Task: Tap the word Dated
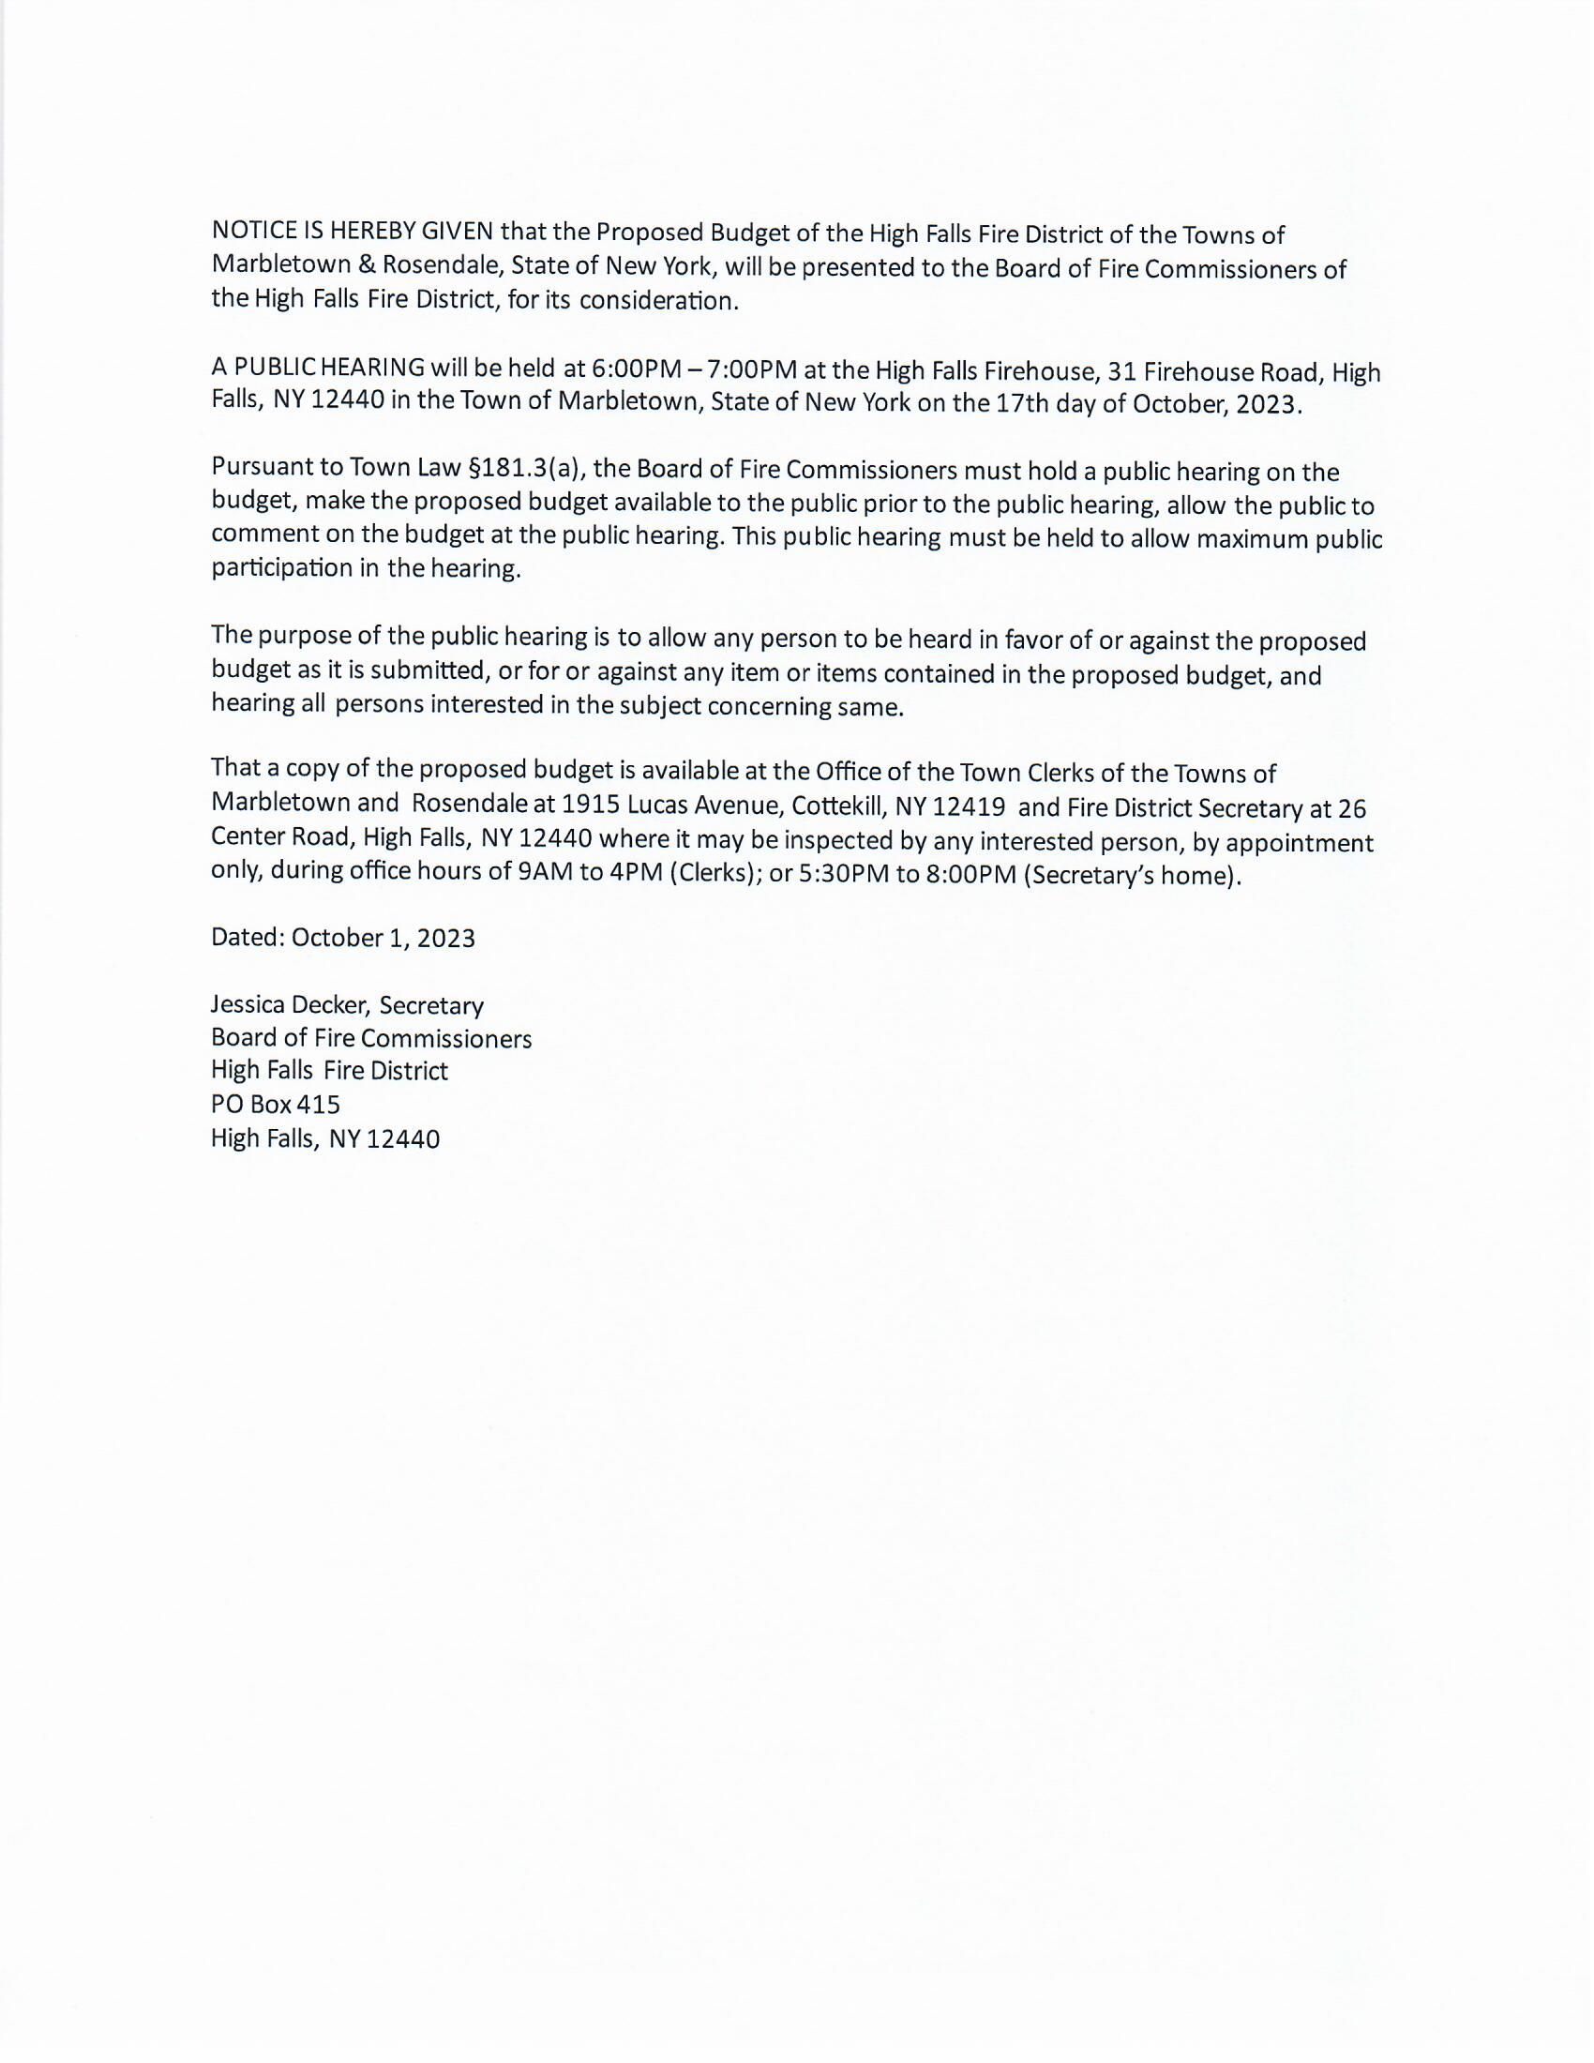pos(247,937)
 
